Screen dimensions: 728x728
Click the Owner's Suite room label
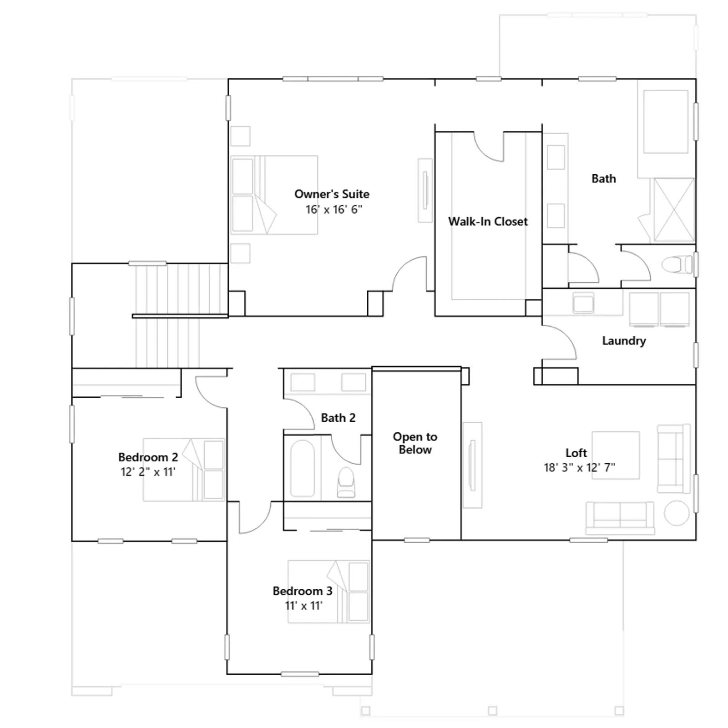tap(332, 194)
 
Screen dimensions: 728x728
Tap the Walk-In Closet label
tap(488, 222)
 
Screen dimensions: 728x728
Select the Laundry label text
tap(624, 341)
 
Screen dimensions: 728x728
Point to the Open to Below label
tap(415, 443)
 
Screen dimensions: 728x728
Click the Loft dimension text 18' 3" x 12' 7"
tap(579, 467)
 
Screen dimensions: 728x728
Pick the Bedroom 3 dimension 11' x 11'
tap(303, 606)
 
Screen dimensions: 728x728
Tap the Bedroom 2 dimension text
tap(148, 472)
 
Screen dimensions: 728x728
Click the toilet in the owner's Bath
tap(677, 265)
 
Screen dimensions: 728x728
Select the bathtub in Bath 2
tap(302, 468)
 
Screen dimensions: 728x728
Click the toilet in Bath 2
tap(346, 482)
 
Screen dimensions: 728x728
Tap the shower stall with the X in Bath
tap(674, 210)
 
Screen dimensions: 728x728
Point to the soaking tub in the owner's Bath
tap(666, 122)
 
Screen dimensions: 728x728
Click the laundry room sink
tap(583, 303)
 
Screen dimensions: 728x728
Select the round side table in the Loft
tap(677, 513)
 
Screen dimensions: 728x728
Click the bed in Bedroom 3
tap(329, 591)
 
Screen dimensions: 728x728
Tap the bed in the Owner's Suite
tap(274, 195)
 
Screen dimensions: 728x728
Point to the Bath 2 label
tap(338, 418)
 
